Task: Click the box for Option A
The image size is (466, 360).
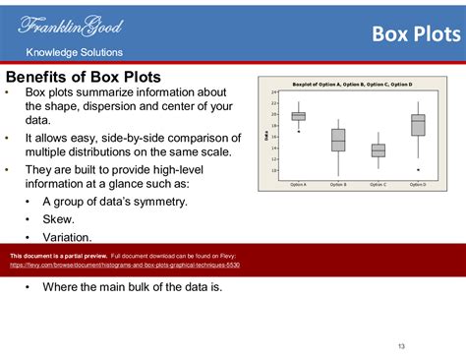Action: [298, 116]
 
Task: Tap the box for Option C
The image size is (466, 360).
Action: [378, 150]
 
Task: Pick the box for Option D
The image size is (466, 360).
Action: [418, 124]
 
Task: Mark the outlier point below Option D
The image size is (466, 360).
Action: [418, 169]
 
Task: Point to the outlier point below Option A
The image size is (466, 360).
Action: [298, 131]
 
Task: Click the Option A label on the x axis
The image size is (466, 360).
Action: [298, 184]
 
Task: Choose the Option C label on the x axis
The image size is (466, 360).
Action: [378, 184]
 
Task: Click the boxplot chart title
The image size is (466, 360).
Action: [353, 85]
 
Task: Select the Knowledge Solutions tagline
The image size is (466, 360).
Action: [74, 52]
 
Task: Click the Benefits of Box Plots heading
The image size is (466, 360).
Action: [84, 77]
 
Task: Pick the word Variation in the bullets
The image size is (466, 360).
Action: [67, 237]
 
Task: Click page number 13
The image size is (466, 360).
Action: [402, 345]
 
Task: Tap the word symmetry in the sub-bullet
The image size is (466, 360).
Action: [157, 202]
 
